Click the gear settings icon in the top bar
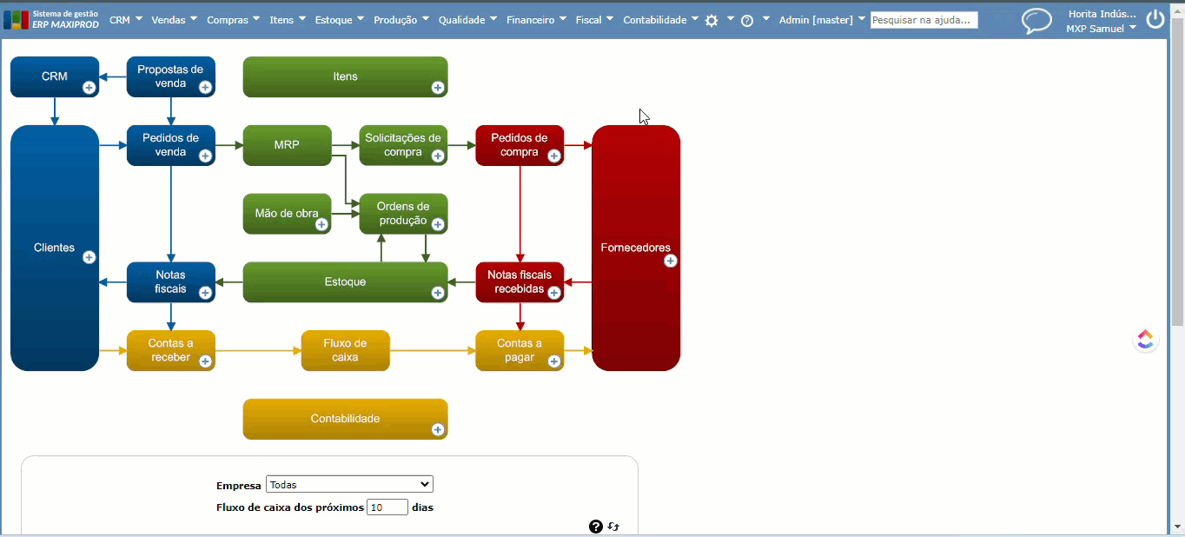click(x=712, y=20)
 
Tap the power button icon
click(x=1155, y=19)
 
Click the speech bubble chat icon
click(x=1036, y=21)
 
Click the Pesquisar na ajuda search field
click(x=924, y=20)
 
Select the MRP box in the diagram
click(x=287, y=144)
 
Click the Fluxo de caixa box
click(x=345, y=350)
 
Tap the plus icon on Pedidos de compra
click(x=553, y=156)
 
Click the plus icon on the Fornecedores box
click(x=670, y=261)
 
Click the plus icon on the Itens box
click(x=438, y=87)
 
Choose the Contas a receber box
click(x=170, y=350)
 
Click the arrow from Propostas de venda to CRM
click(x=113, y=76)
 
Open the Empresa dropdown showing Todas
click(x=349, y=485)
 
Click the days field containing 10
click(x=387, y=507)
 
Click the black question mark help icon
click(x=595, y=526)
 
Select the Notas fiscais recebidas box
click(x=519, y=282)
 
